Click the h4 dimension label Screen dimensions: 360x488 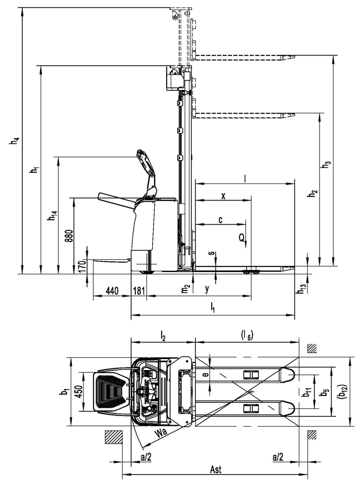coord(14,141)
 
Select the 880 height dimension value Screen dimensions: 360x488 coord(70,235)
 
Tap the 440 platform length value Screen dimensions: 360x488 coord(112,291)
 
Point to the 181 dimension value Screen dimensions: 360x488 coord(139,291)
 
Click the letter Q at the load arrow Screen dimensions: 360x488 coord(242,237)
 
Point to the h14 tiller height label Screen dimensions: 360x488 coord(53,215)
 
